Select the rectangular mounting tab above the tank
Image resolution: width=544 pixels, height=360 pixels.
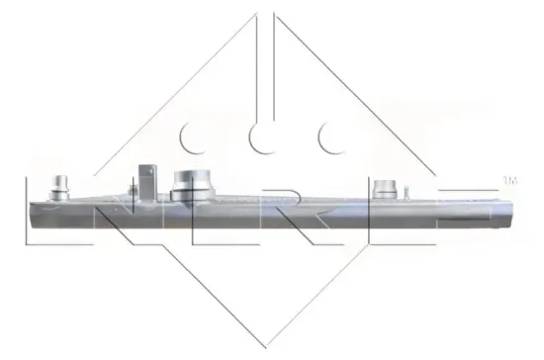[146, 176]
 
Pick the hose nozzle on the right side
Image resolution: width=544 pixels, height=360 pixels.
[387, 189]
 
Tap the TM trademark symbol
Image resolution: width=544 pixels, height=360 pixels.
[510, 181]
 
